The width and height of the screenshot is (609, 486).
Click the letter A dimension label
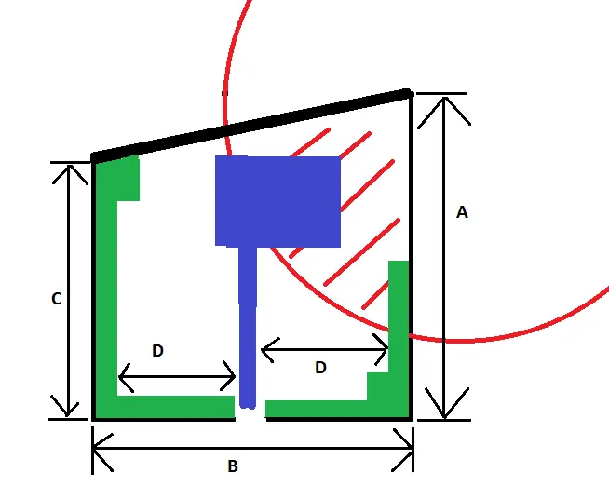click(x=462, y=212)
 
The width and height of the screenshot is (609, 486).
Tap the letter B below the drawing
click(x=233, y=466)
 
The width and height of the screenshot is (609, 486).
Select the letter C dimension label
click(x=56, y=299)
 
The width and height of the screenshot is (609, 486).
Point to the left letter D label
click(x=157, y=351)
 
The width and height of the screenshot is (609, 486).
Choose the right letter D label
click(x=320, y=368)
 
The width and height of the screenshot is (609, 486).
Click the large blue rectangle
click(x=277, y=201)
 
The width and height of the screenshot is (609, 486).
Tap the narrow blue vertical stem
click(x=248, y=326)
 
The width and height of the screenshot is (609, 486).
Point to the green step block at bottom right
click(x=378, y=385)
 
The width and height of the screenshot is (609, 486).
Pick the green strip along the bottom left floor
click(x=172, y=407)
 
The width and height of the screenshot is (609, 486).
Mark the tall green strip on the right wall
click(x=399, y=317)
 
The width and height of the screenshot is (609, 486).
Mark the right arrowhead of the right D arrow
click(x=384, y=350)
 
